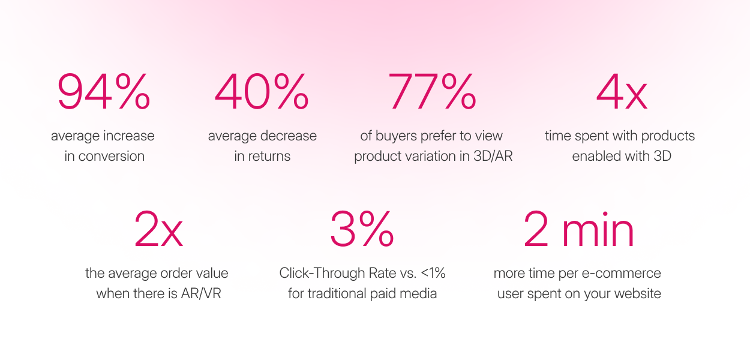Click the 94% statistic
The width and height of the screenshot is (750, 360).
coord(104,91)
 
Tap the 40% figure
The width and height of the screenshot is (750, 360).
coord(262,91)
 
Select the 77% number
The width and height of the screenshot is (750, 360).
coord(432,91)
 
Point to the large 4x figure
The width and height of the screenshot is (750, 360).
coord(622,92)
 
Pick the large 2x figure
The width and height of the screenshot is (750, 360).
coord(158,229)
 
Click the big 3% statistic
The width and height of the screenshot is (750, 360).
coord(362,229)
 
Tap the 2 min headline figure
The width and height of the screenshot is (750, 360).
coord(578,229)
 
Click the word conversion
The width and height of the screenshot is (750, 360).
coord(112,157)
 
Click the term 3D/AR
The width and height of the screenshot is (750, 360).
coord(493,156)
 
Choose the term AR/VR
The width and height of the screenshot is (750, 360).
coord(201,293)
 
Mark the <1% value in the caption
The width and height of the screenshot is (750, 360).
coord(433,273)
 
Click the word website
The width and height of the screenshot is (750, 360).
coord(638,293)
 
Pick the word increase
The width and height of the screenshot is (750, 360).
coord(128,136)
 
